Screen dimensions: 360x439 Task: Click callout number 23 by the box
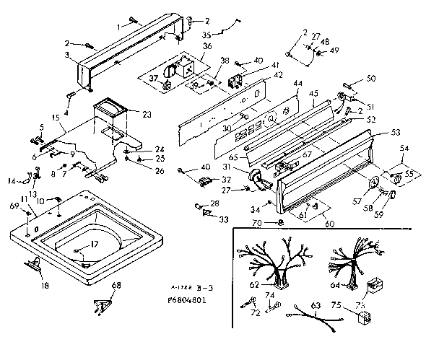147,114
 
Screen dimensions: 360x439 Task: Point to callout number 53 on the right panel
396,133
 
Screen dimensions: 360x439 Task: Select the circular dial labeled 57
375,183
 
